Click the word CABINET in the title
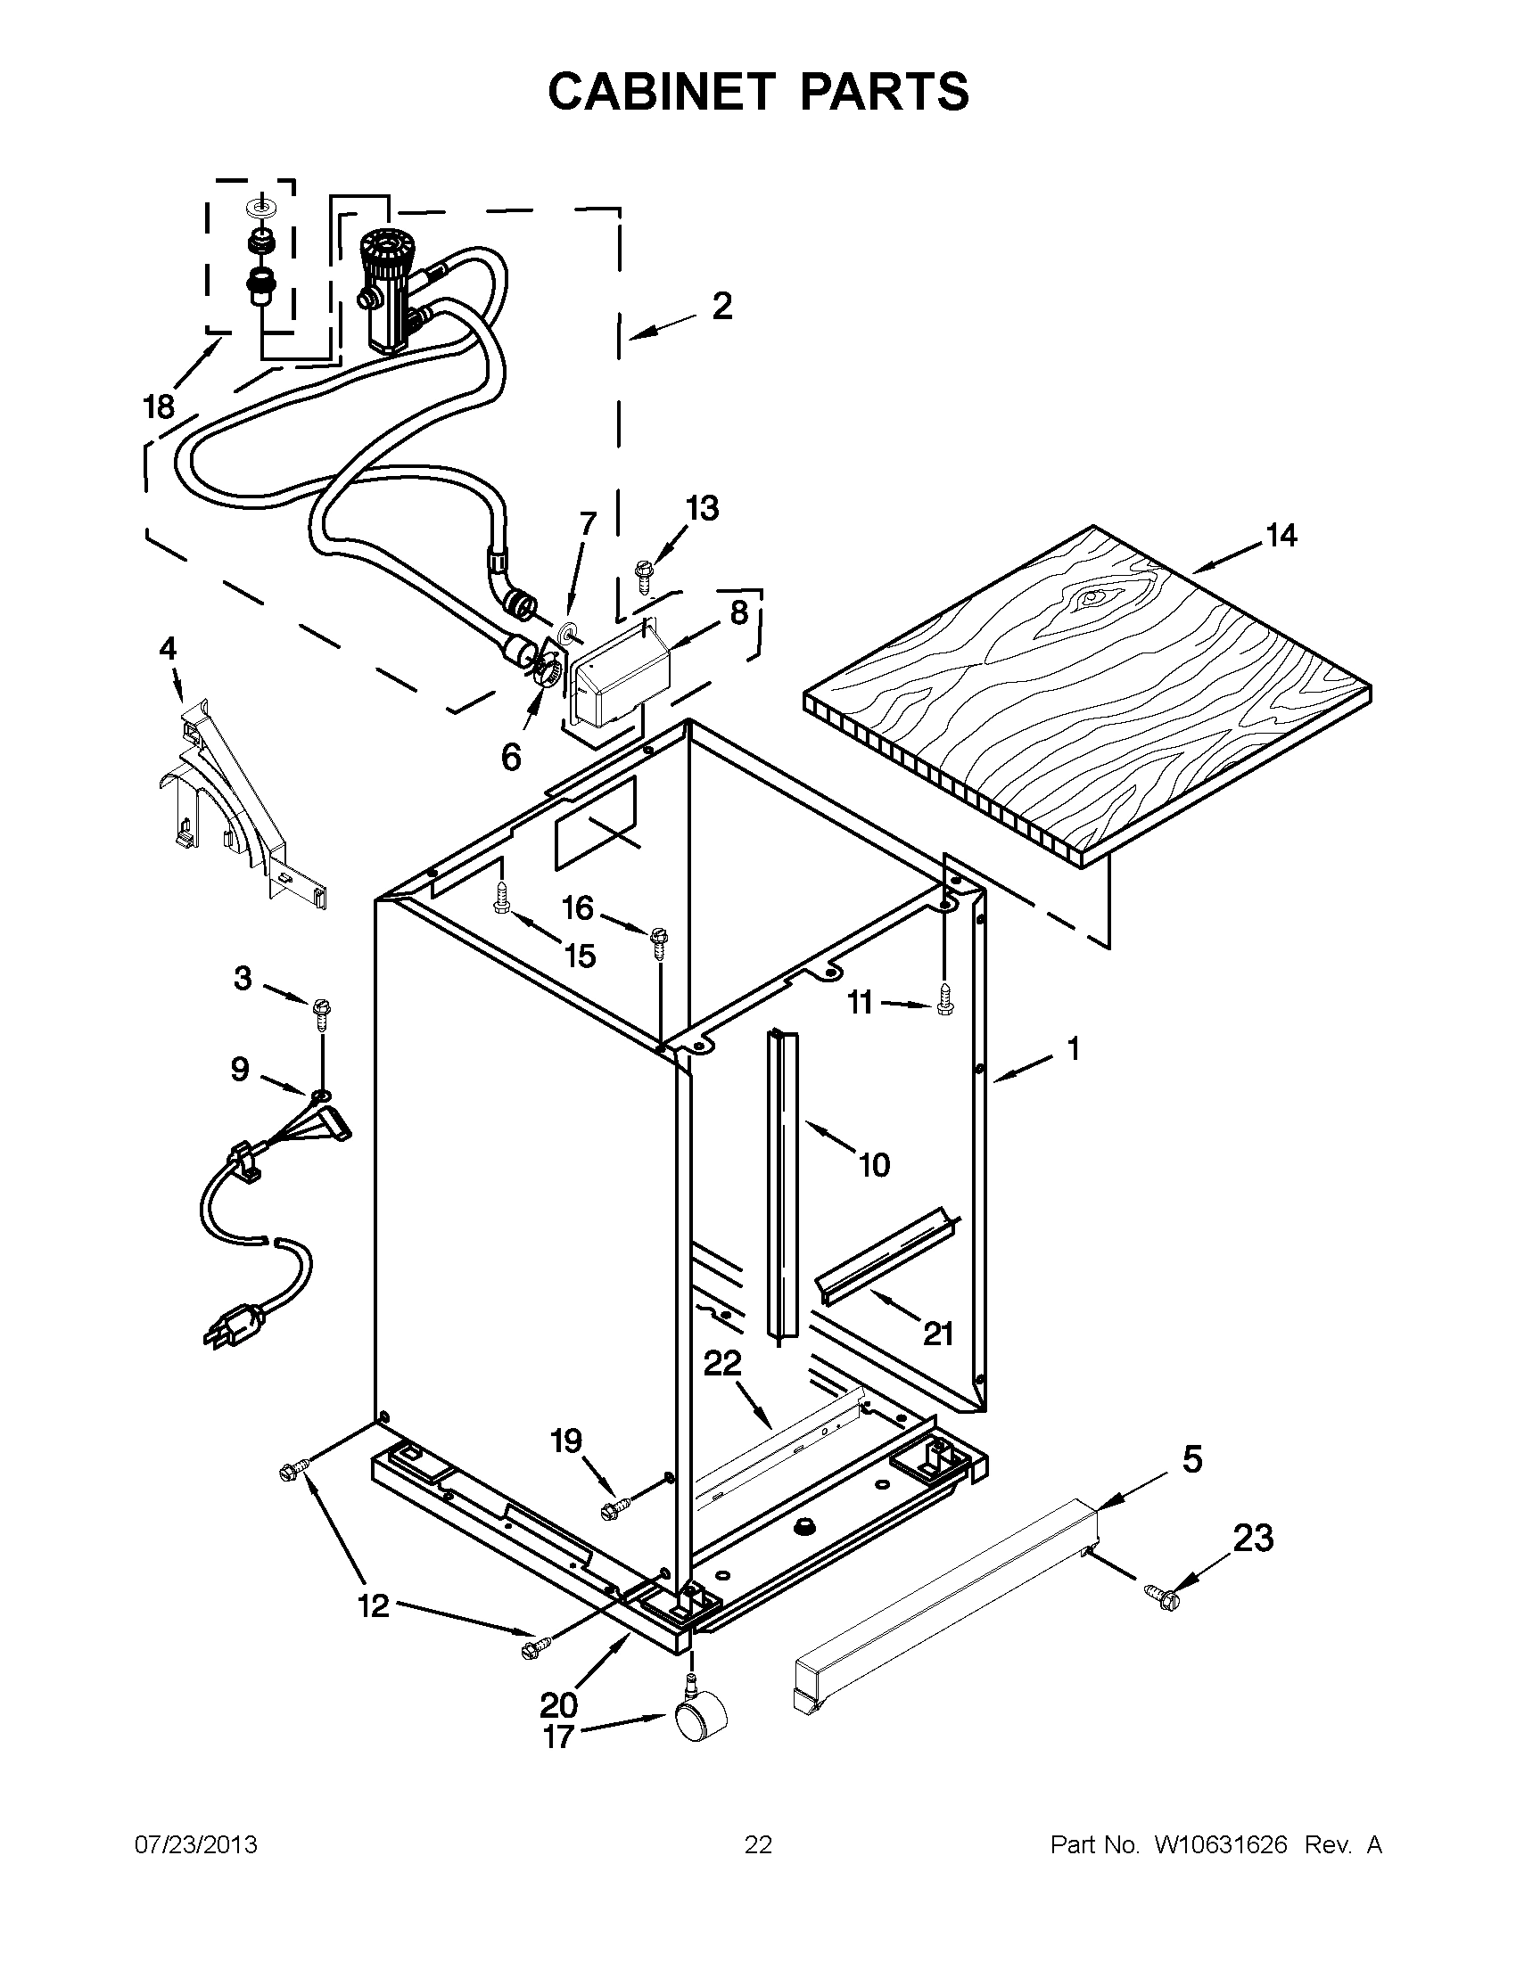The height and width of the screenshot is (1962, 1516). [x=661, y=92]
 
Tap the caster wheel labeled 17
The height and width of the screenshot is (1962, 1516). [x=700, y=1718]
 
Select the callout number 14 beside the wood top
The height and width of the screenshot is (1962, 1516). [x=1281, y=536]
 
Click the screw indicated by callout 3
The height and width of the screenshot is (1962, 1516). [x=321, y=1013]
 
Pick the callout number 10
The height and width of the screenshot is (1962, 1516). [x=873, y=1165]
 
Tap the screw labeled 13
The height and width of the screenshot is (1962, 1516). [x=645, y=572]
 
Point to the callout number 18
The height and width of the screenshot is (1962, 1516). [x=159, y=407]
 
